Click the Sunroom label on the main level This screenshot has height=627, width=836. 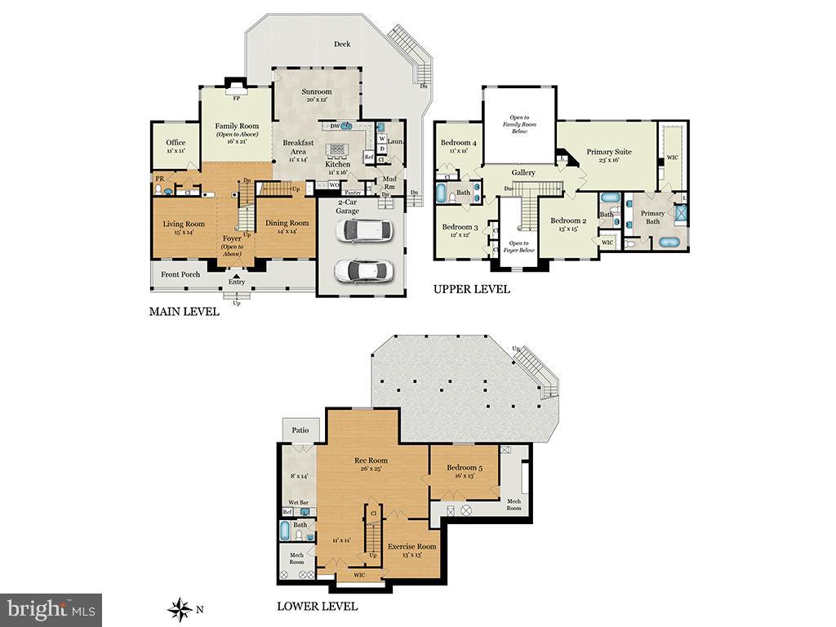[317, 91]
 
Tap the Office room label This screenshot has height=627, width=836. [176, 143]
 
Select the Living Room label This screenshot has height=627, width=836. [184, 224]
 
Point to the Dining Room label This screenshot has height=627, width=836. [287, 223]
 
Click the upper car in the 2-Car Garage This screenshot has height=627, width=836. [364, 231]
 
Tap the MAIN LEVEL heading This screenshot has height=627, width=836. [184, 312]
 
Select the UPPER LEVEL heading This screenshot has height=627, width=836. [472, 289]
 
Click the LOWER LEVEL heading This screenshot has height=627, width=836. [317, 607]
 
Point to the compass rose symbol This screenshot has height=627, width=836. [178, 608]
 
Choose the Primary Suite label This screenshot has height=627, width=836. [609, 152]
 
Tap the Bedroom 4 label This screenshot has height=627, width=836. [458, 143]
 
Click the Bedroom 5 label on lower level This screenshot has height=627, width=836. [464, 468]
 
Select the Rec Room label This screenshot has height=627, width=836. [371, 460]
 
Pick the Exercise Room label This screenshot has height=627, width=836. [411, 546]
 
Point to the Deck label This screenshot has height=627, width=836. [342, 44]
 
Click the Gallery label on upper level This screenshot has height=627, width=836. [523, 172]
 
